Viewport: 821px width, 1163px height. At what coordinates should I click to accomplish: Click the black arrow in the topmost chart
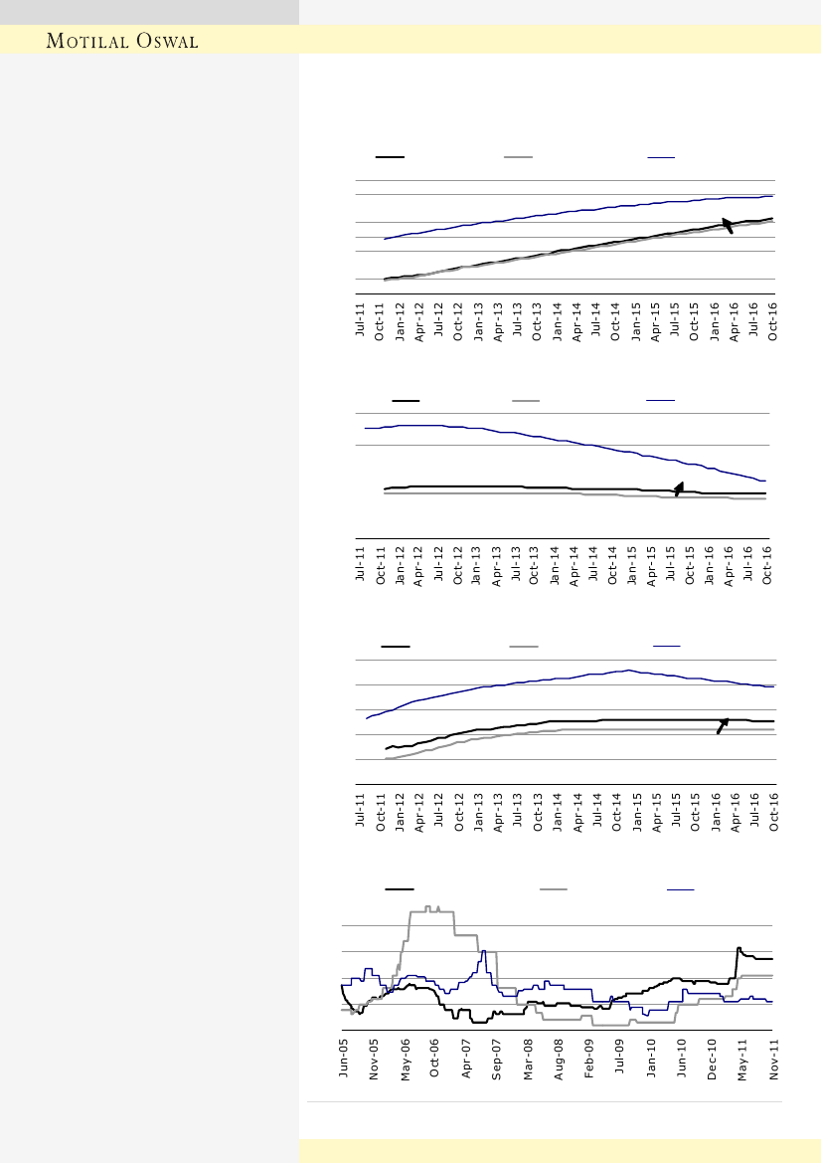click(728, 225)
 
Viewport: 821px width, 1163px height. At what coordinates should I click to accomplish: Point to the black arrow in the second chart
click(678, 488)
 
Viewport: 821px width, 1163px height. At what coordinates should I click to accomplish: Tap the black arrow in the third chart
click(723, 725)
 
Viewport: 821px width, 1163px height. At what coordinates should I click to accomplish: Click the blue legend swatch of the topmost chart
click(661, 157)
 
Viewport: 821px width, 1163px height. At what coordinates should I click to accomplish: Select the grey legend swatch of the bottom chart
click(554, 887)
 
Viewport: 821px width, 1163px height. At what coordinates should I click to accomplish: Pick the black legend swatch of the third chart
click(396, 647)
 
